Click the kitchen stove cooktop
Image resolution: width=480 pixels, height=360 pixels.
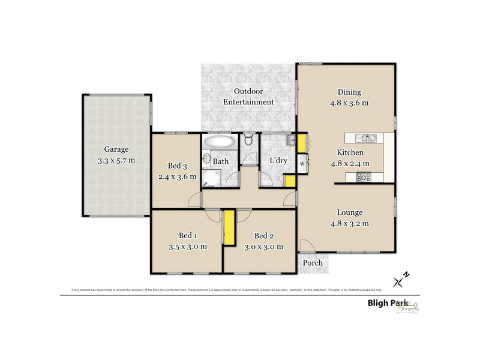364,176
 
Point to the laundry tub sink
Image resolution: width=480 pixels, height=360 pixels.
290,141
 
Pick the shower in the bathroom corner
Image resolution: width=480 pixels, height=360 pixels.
211,178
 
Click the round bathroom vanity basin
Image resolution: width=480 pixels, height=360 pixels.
206,160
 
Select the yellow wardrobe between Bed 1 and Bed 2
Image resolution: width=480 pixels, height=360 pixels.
229,227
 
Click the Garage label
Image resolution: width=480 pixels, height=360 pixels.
116,149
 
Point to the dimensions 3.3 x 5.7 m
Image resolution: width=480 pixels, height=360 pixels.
116,160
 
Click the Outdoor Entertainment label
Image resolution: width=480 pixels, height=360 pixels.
248,97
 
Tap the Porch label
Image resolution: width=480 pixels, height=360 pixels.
312,263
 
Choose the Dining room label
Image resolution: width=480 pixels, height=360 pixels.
349,92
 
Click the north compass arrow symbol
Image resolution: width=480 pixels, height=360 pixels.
400,279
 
